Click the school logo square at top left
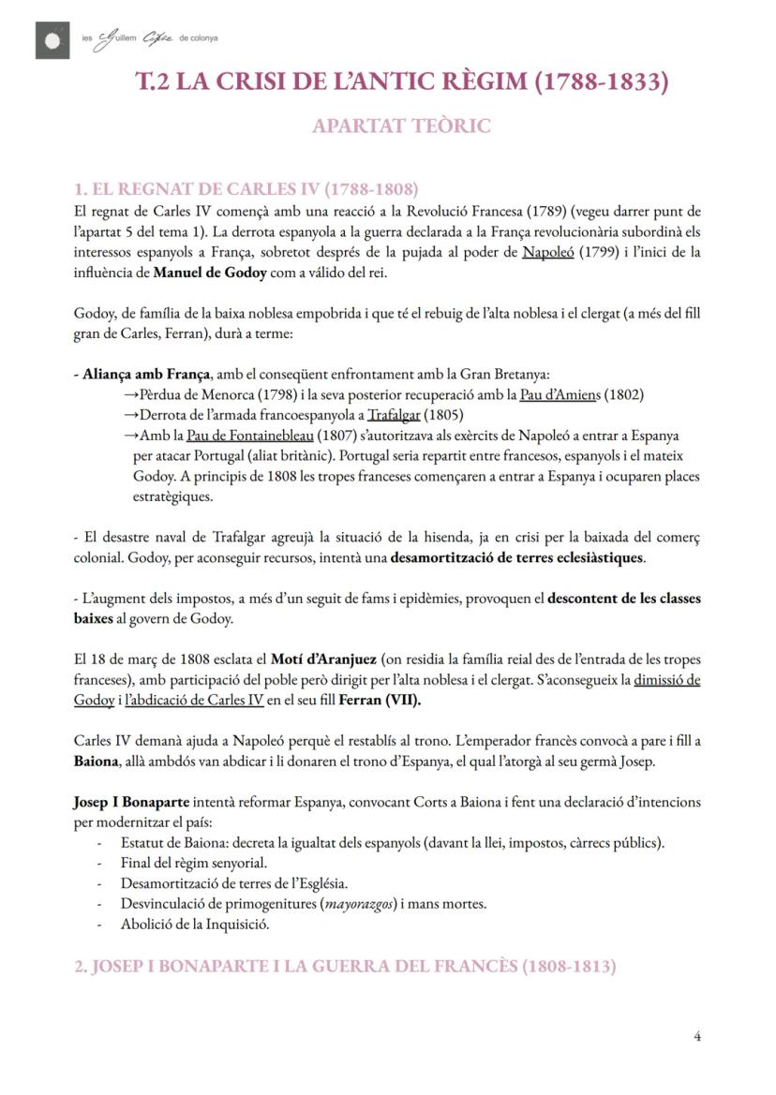point(52,40)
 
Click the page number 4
point(697,1035)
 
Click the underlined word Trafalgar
point(393,415)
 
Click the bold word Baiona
point(95,761)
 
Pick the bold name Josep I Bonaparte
point(131,802)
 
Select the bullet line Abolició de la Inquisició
point(195,925)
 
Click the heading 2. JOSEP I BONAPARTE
point(345,966)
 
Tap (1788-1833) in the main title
point(601,81)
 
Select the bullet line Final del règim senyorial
point(194,863)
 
